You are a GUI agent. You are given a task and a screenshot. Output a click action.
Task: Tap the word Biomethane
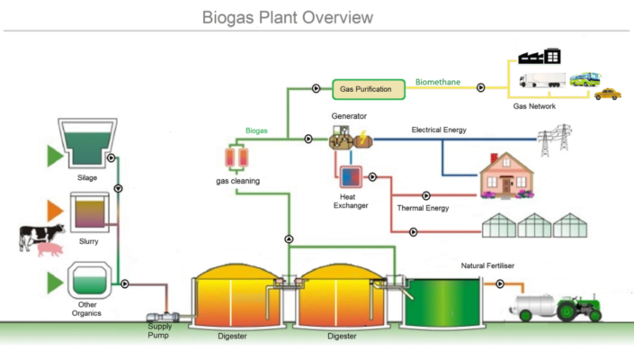[438, 83]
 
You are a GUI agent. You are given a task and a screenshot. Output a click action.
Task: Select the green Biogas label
[256, 130]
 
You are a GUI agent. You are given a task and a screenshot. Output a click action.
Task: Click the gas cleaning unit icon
[237, 158]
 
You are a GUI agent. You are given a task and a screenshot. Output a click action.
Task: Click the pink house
[506, 175]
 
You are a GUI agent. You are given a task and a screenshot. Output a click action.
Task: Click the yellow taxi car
[608, 93]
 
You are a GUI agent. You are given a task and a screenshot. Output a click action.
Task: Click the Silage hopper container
[85, 144]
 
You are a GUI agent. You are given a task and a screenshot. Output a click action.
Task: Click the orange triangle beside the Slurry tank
[55, 211]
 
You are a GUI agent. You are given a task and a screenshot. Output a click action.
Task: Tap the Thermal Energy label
[423, 208]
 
